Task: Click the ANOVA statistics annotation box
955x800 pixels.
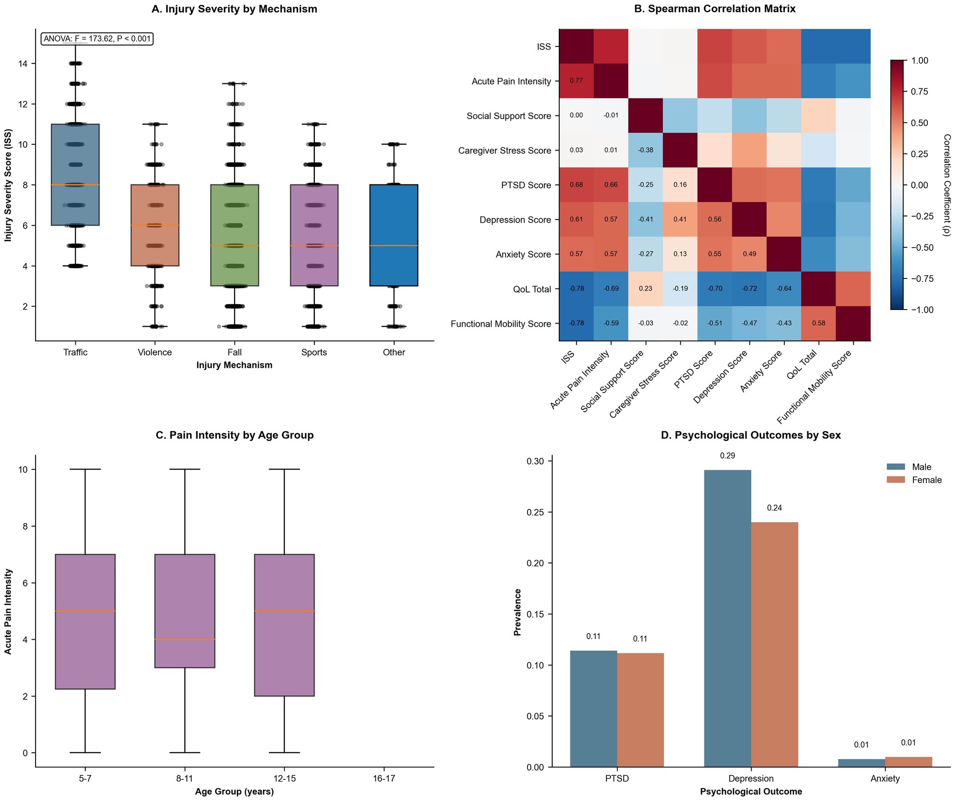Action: coord(97,39)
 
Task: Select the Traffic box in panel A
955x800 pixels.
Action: coord(75,174)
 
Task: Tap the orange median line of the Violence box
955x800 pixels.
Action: coord(155,226)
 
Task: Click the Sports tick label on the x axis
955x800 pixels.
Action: coord(314,352)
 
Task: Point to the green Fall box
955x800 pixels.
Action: coord(234,235)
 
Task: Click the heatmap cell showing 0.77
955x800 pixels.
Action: coord(576,80)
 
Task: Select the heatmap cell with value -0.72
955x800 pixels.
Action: coord(749,288)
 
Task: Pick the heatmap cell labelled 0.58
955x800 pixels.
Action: coord(818,323)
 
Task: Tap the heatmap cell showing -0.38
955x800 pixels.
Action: coord(646,150)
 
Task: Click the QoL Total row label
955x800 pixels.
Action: coord(532,289)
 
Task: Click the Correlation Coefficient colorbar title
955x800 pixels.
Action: coord(946,185)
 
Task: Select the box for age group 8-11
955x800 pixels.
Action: coord(185,611)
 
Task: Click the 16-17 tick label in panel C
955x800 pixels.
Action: coord(384,778)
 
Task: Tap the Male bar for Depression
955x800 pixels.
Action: coord(728,619)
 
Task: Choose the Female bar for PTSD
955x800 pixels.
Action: coord(640,710)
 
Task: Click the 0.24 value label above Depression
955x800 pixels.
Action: coord(774,508)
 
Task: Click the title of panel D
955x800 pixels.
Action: coord(751,435)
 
